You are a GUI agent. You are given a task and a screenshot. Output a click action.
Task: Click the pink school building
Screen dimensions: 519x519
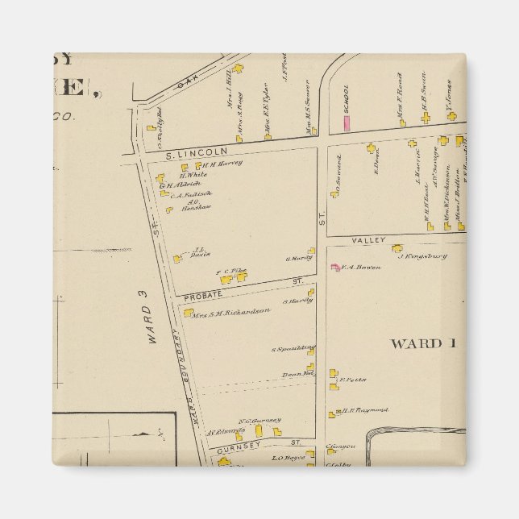347,122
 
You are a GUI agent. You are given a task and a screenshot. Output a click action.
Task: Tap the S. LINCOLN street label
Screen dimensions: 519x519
188,151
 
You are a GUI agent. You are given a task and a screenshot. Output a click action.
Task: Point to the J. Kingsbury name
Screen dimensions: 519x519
422,257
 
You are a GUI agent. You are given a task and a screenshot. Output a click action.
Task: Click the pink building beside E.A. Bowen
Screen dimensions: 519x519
334,267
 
